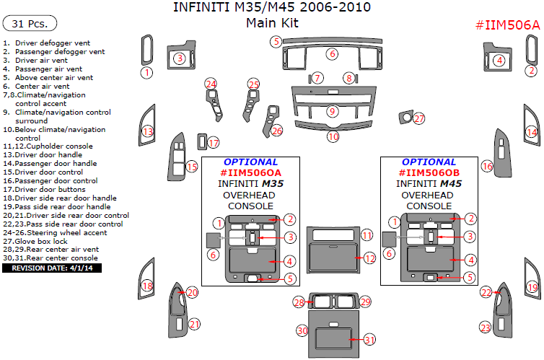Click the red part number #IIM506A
pos(508,25)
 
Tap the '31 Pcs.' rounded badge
pos(30,24)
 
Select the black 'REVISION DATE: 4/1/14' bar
pos(52,268)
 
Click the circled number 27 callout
pos(419,118)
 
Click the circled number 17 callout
pos(214,143)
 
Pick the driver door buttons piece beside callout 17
pos(202,142)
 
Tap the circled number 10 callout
pos(333,136)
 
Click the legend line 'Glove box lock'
pos(35,242)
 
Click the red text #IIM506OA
pos(250,172)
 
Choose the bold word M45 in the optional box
pos(452,183)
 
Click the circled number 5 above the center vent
pos(276,42)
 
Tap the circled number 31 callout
pos(369,340)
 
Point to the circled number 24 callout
pos(211,84)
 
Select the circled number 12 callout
pos(370,258)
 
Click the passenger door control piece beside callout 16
pos(502,153)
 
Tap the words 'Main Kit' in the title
pos(272,23)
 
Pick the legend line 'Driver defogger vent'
pos(46,43)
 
